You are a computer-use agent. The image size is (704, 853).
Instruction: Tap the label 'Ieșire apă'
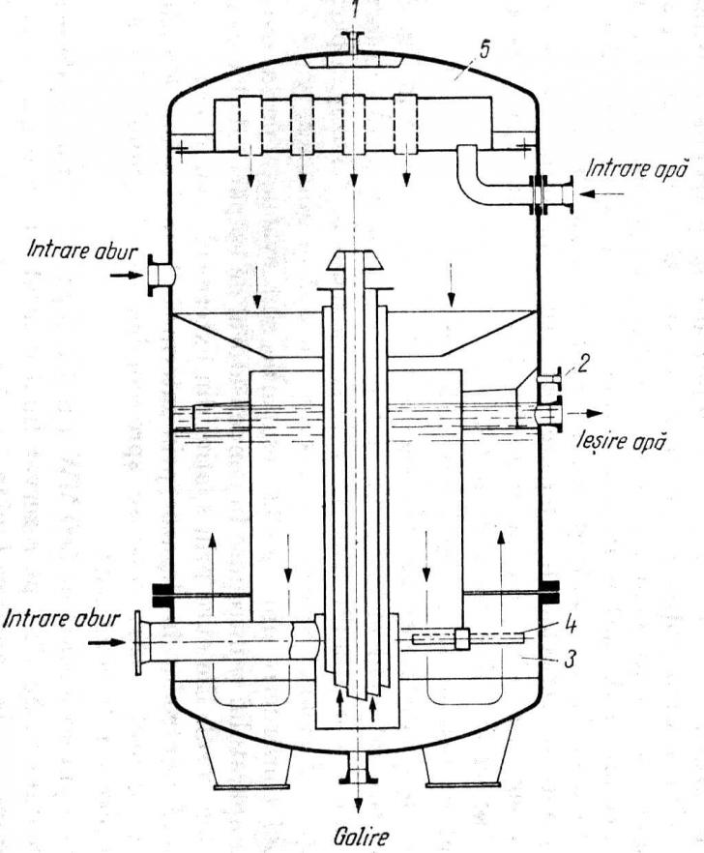pyautogui.click(x=620, y=440)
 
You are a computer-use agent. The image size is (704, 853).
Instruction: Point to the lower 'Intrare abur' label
pyautogui.click(x=61, y=619)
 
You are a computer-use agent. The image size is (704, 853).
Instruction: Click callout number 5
pyautogui.click(x=484, y=48)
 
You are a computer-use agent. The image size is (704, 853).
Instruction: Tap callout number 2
pyautogui.click(x=581, y=365)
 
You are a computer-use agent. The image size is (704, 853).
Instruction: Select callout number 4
pyautogui.click(x=570, y=625)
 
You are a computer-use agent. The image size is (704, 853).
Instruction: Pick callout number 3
pyautogui.click(x=569, y=659)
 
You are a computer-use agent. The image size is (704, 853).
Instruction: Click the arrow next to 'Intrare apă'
pyautogui.click(x=601, y=193)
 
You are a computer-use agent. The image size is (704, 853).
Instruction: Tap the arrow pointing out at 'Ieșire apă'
pyautogui.click(x=584, y=414)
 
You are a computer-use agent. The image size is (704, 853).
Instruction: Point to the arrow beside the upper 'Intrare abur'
pyautogui.click(x=128, y=276)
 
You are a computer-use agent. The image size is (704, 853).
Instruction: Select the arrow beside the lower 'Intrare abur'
pyautogui.click(x=106, y=642)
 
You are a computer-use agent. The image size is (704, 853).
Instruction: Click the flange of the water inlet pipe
pyautogui.click(x=570, y=193)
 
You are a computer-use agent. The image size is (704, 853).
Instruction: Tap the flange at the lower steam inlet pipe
pyautogui.click(x=138, y=642)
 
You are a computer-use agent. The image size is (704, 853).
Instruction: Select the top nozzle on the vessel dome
pyautogui.click(x=354, y=43)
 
